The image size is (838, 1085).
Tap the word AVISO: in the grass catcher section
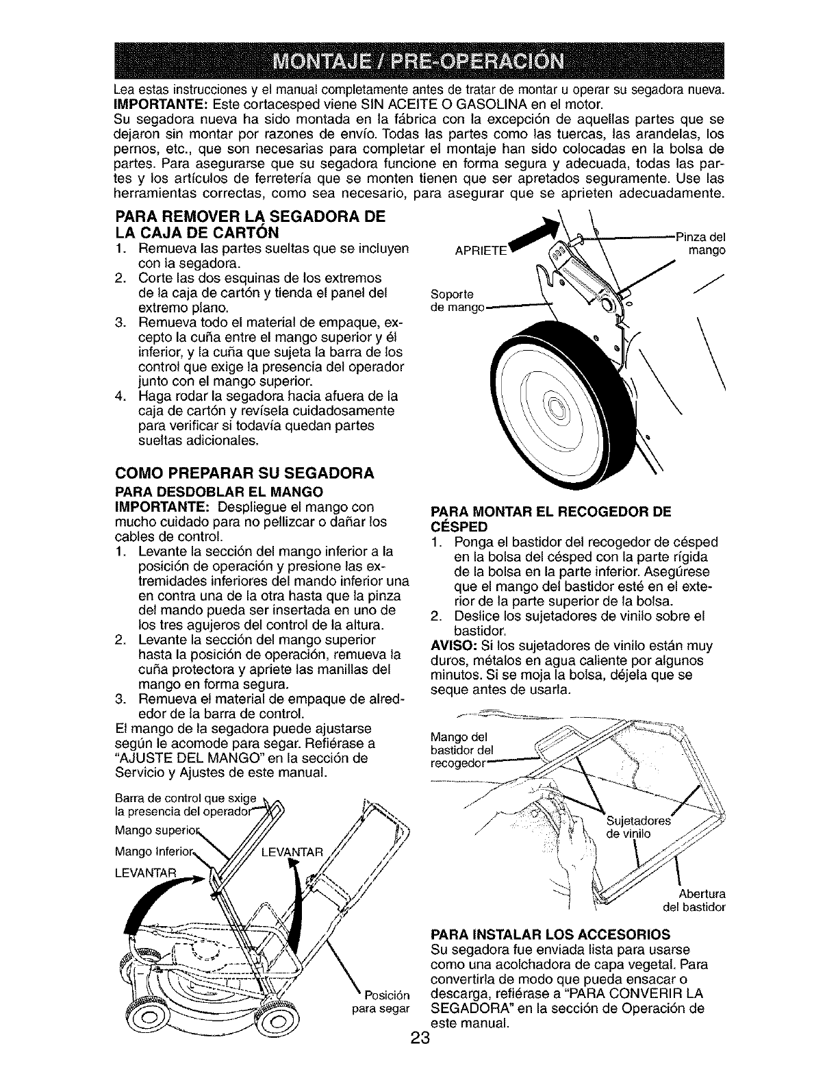coord(452,646)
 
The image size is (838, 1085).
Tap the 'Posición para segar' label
coord(381,1001)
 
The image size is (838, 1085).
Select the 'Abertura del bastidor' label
coord(695,901)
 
